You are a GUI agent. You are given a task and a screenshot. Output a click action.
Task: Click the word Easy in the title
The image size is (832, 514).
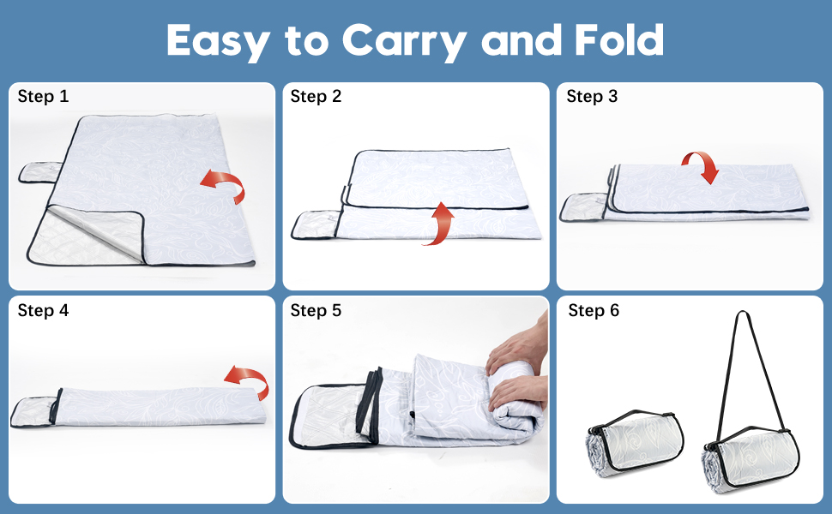pos(219,41)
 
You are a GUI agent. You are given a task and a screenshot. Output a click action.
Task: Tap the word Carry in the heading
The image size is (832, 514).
pos(404,41)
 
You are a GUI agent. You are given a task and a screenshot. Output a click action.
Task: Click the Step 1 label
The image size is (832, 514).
pos(43,96)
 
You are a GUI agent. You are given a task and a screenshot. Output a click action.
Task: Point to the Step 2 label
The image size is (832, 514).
pos(316,96)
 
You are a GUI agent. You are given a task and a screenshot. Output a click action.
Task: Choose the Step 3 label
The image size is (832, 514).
pos(592,96)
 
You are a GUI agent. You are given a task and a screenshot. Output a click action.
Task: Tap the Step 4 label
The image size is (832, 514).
pos(43,310)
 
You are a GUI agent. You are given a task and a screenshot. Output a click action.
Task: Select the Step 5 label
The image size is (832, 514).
pos(316,310)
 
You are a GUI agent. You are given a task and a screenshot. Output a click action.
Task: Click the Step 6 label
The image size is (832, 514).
pos(594,310)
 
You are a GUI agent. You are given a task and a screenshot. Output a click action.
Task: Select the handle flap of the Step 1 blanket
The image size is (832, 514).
pos(39,173)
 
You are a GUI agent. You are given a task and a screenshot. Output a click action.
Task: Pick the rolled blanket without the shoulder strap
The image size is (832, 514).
pos(635,443)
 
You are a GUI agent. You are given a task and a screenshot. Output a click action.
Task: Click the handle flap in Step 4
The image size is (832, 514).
pos(32,412)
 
